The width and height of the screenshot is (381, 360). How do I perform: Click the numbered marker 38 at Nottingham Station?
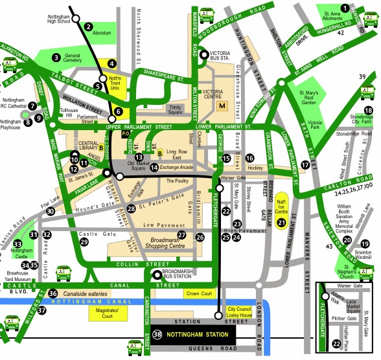coord(159,335)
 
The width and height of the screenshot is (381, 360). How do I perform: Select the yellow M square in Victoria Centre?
coord(222,106)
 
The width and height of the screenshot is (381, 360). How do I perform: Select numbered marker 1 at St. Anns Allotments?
coord(345,8)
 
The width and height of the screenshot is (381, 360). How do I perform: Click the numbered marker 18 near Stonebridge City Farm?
coord(368,111)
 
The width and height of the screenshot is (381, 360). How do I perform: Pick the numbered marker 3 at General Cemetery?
coord(57,57)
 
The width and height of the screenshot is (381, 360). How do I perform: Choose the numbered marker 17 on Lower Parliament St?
coord(305,164)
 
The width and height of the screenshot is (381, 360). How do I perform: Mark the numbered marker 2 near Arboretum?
coord(87,27)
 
